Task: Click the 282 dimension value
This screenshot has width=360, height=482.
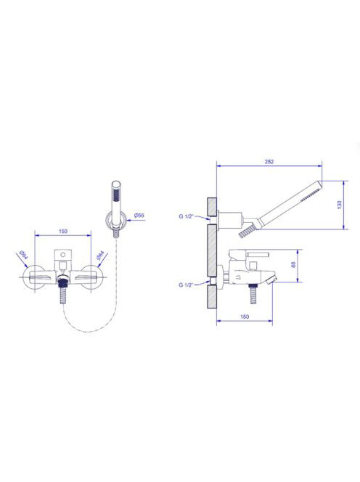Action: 269,162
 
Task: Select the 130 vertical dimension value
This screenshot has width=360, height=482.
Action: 340,205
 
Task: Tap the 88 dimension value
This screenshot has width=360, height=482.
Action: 293,265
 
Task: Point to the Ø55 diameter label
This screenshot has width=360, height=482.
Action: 139,216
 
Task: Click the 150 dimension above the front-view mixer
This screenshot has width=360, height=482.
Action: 62,232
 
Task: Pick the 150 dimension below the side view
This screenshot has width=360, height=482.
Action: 245,316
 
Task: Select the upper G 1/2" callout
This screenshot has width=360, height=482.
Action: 186,216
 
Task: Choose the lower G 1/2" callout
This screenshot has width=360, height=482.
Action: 186,285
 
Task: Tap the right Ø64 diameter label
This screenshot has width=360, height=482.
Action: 100,256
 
